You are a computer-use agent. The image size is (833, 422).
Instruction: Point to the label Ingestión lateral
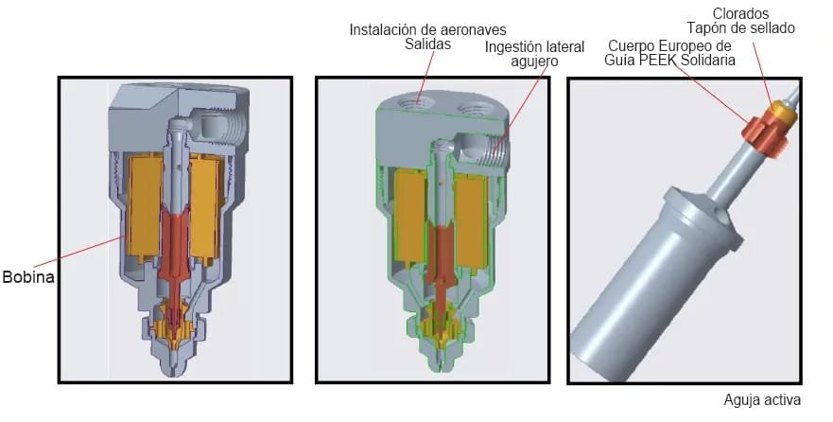click(535, 45)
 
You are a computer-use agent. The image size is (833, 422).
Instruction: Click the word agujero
click(535, 61)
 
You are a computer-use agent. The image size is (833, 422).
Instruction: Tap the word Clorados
click(740, 14)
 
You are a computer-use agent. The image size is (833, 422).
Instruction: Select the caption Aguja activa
click(762, 399)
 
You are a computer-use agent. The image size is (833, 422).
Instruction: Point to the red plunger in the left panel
click(177, 241)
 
